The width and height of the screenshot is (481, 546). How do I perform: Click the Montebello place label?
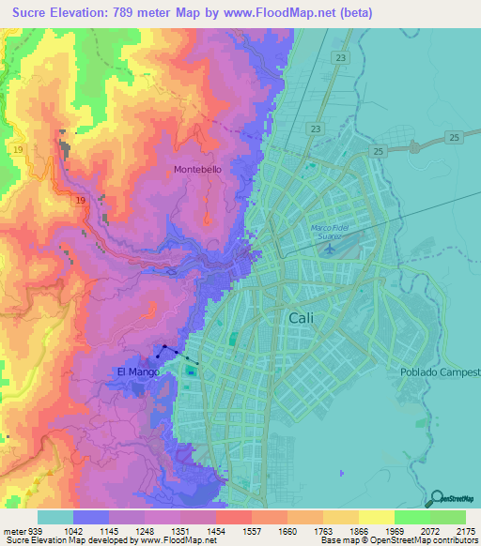[197, 170]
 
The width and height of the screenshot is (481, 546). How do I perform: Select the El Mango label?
[136, 372]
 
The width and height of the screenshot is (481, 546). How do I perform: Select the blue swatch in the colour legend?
[90, 517]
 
